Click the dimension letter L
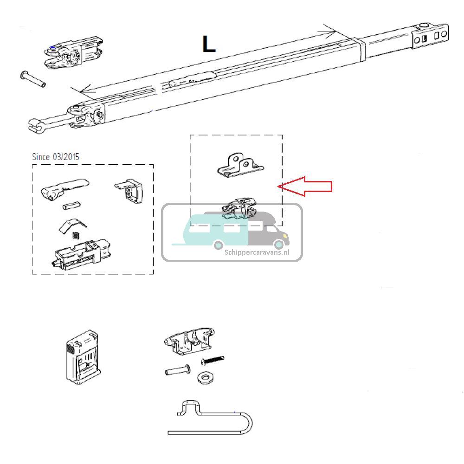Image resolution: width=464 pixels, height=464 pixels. [x=209, y=45]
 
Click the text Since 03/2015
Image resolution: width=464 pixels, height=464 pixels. [x=56, y=156]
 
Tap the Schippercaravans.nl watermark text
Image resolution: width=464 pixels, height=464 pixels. [x=257, y=252]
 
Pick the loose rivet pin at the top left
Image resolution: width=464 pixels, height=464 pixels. [x=32, y=79]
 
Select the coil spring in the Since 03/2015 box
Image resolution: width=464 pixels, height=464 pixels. [x=77, y=235]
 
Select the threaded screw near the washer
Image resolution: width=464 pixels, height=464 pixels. [x=213, y=360]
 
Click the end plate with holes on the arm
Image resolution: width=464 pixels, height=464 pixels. [x=431, y=37]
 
